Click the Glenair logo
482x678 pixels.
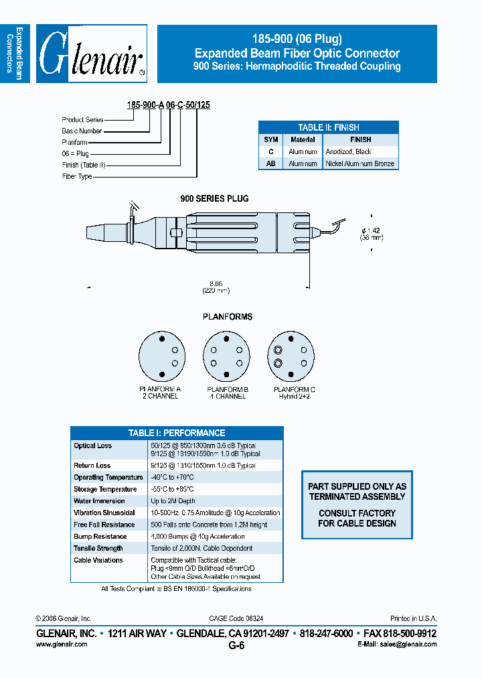92,54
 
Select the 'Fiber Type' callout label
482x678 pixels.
77,177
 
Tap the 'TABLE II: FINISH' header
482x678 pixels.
328,127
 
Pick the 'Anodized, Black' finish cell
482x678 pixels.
348,152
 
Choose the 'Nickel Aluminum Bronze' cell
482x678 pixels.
359,163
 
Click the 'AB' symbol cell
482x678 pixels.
270,163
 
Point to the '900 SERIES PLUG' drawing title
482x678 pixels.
214,199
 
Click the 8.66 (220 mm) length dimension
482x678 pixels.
216,287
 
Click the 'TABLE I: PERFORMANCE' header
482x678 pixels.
177,433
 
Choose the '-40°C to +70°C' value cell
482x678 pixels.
172,478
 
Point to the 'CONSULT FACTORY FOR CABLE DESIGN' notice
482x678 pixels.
357,518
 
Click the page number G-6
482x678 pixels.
236,646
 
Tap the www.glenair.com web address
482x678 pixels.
62,644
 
